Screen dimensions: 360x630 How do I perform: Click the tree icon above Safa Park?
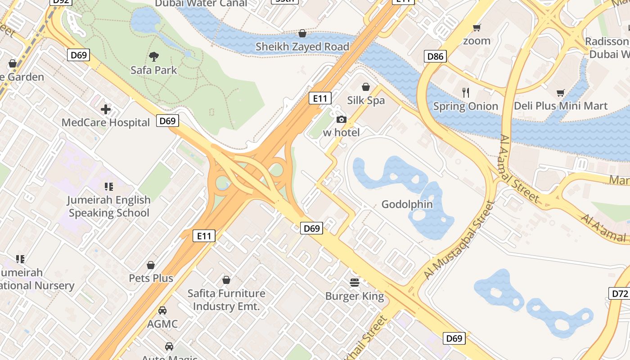(154, 57)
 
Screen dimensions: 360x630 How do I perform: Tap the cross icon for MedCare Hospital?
(106, 109)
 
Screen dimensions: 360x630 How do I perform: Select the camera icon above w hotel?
(342, 119)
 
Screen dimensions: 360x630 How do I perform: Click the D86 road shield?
(435, 56)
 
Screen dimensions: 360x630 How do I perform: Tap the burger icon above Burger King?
(355, 283)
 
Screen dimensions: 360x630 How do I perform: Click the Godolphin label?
(407, 204)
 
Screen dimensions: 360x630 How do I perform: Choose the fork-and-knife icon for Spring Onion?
(466, 93)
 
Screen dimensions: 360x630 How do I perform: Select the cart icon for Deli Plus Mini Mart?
(561, 93)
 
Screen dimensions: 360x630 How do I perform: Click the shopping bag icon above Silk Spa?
(366, 87)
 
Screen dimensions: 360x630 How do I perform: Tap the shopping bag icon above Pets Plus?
(151, 265)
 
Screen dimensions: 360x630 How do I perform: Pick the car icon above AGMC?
(162, 310)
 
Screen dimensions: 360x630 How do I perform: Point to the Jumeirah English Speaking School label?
(108, 206)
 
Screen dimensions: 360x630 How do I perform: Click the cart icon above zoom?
(477, 28)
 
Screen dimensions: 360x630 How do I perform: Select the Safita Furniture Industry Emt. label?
(226, 300)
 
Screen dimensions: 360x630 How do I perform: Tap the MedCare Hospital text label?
(106, 122)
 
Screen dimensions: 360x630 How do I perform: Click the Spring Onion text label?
(466, 106)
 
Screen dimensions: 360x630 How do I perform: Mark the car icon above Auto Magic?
(169, 346)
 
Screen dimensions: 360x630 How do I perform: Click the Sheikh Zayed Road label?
(302, 47)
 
